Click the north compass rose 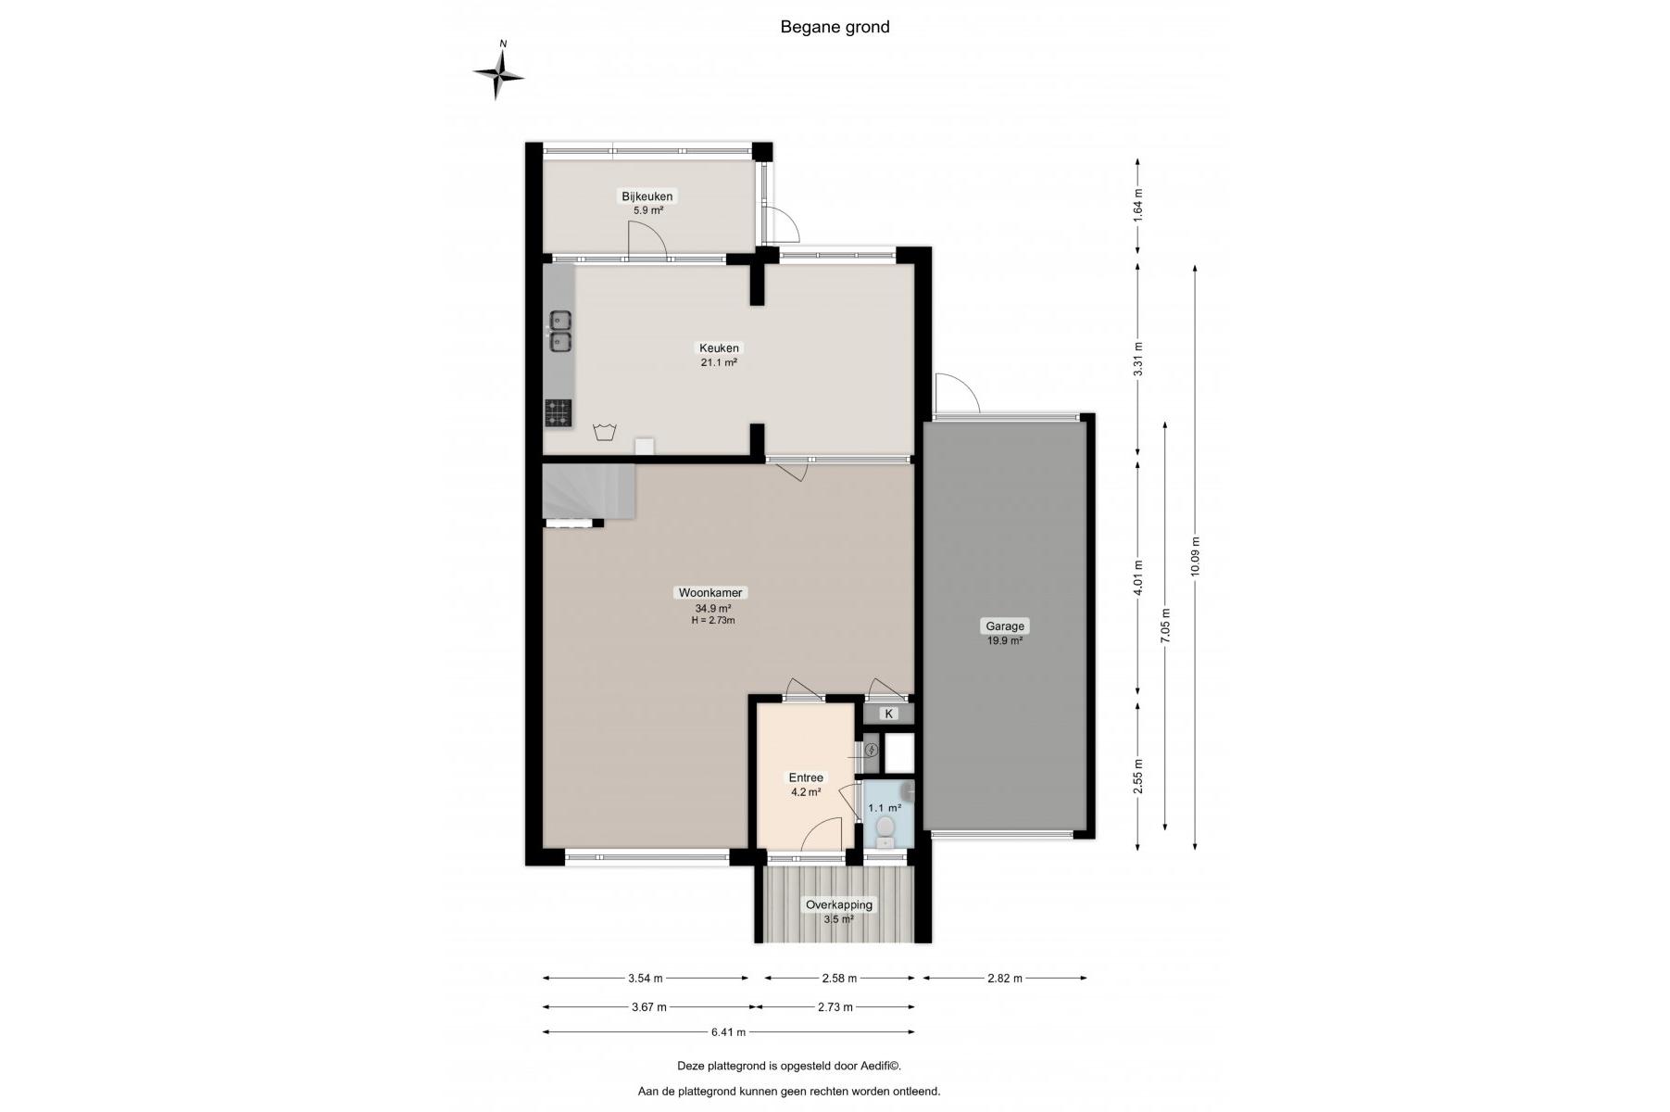point(499,72)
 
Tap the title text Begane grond point(835,27)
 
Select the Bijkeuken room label point(647,196)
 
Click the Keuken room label point(719,348)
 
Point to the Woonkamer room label point(711,593)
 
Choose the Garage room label point(1005,626)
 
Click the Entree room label point(806,778)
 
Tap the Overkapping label point(839,905)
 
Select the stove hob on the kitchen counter point(559,412)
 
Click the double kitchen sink point(560,332)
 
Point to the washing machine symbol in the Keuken point(605,433)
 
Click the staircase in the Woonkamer point(588,492)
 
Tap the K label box point(889,714)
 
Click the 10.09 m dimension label point(1195,557)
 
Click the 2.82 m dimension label point(1005,978)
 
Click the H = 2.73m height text point(713,621)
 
